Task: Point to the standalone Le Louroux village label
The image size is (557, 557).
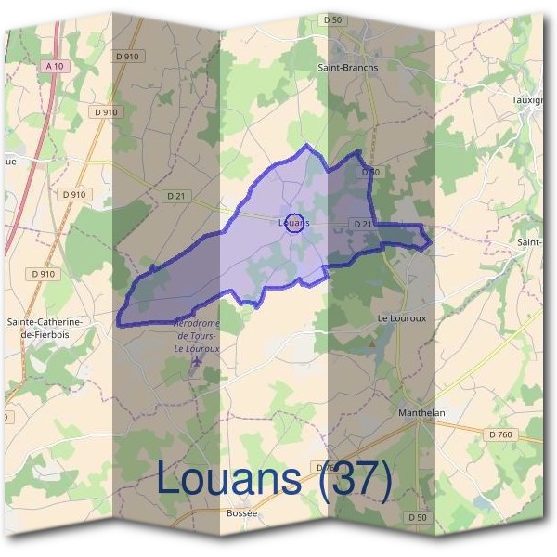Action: click(x=400, y=317)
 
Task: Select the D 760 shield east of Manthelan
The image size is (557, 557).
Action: click(x=499, y=433)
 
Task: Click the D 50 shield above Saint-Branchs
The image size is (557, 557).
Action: click(x=332, y=19)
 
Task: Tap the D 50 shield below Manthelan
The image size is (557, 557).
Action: click(x=417, y=516)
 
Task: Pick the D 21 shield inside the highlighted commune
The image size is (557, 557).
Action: click(x=364, y=224)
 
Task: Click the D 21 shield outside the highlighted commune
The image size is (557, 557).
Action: click(x=177, y=196)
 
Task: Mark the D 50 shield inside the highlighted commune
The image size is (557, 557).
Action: click(x=370, y=173)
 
